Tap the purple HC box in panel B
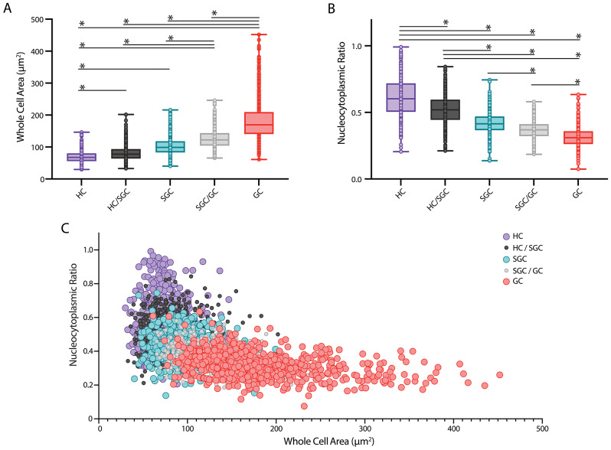[x=400, y=98]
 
